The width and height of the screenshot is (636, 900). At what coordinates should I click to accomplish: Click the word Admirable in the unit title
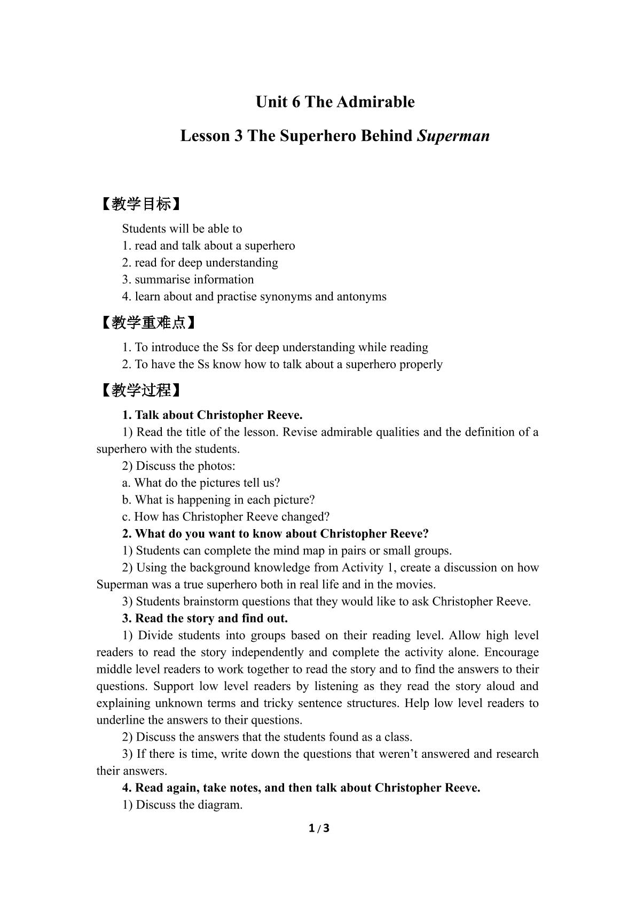378,102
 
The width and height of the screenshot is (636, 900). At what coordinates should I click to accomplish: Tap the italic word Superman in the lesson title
453,136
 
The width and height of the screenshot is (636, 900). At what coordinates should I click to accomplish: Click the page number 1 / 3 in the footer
319,829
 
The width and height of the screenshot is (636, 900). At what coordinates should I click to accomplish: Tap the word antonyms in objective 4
362,297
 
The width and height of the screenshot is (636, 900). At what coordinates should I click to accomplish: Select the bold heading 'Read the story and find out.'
211,618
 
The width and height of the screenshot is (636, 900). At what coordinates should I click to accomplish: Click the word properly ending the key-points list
422,364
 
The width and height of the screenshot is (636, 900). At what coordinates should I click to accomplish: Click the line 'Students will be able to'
182,229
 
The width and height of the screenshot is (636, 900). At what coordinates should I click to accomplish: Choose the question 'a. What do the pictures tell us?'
201,483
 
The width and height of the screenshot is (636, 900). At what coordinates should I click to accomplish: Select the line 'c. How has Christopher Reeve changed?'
226,517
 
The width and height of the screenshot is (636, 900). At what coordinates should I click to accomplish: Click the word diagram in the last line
220,805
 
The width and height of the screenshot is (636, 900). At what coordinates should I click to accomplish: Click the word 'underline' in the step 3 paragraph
117,720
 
